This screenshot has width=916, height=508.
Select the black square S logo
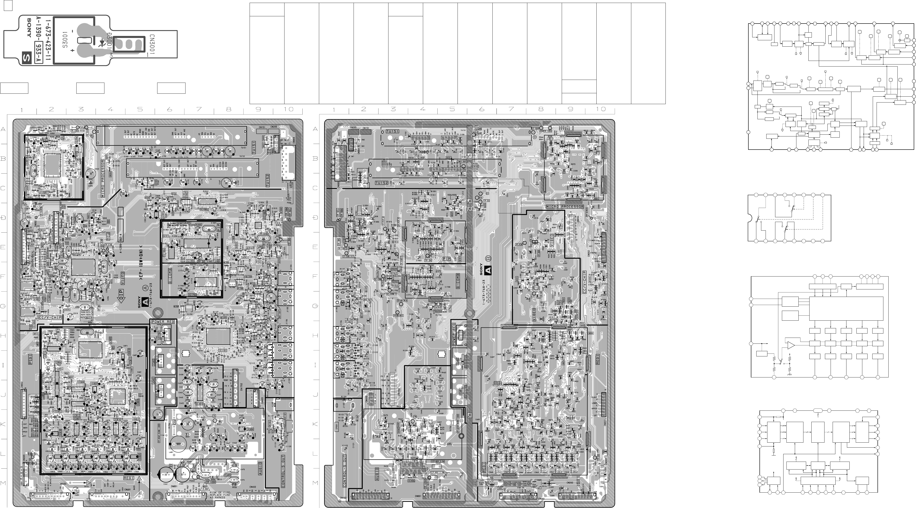pyautogui.click(x=26, y=57)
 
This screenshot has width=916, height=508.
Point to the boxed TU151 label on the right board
pyautogui.click(x=392, y=131)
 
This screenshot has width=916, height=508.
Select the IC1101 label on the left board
pyautogui.click(x=223, y=350)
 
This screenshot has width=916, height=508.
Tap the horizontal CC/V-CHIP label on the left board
pyautogui.click(x=50, y=317)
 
